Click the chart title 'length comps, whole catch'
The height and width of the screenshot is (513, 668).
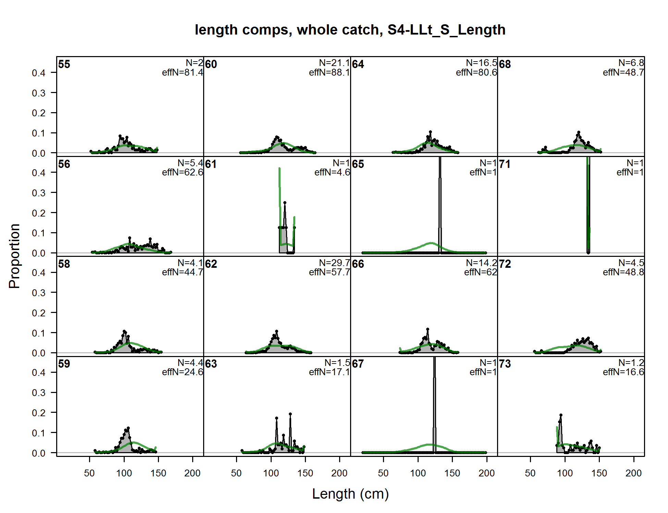pos(350,30)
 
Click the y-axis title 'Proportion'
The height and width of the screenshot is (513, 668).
pos(14,256)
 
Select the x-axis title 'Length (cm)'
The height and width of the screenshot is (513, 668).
pos(350,494)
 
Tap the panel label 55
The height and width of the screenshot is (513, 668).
pos(64,64)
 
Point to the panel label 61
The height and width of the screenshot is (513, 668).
pos(211,164)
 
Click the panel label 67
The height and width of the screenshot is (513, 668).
pos(358,364)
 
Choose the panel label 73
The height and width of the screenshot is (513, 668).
pos(505,364)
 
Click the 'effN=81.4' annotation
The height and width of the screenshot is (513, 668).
pos(183,73)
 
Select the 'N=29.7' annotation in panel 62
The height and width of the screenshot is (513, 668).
pos(334,263)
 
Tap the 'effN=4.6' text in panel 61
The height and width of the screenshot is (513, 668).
pos(332,172)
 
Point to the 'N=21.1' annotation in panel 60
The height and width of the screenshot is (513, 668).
pos(334,63)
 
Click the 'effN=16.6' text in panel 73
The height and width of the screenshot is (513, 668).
pos(623,372)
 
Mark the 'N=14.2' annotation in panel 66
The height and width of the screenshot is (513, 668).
pos(481,263)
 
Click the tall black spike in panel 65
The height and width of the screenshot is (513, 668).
pos(440,205)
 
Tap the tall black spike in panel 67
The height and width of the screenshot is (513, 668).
pos(434,404)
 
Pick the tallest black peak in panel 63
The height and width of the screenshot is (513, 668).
pos(290,414)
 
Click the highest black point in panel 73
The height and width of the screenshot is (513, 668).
pos(561,415)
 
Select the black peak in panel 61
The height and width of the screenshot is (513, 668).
pos(285,203)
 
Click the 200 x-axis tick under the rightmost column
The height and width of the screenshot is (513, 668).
pos(633,473)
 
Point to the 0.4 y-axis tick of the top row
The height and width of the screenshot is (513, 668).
pos(39,73)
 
